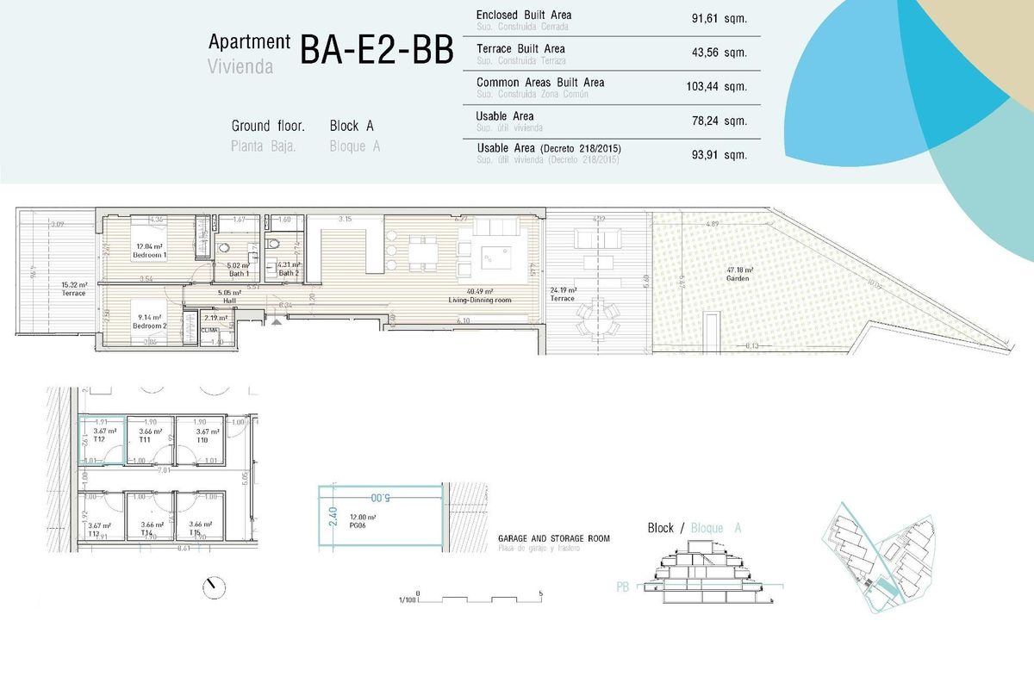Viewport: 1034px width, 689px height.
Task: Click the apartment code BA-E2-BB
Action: click(x=377, y=52)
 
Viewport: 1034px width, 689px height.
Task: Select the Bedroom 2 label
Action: click(x=151, y=326)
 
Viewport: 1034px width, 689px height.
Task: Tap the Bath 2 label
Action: click(x=288, y=273)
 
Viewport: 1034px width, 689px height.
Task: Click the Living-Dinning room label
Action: click(x=481, y=300)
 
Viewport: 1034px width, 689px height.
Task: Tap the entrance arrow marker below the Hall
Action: click(x=275, y=320)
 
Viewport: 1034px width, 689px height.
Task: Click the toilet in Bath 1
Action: click(x=253, y=251)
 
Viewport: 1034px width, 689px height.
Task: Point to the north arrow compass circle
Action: click(x=213, y=587)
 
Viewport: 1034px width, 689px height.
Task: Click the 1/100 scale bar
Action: click(x=478, y=596)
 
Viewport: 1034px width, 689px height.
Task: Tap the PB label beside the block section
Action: click(x=623, y=587)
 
